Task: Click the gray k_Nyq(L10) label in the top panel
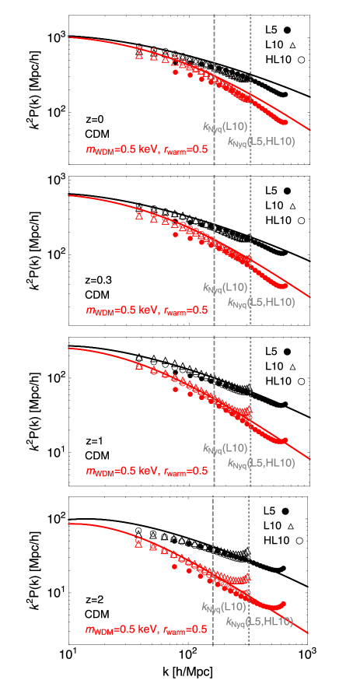(225, 126)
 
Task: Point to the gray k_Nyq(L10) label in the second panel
(225, 287)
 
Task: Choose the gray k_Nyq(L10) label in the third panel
(225, 448)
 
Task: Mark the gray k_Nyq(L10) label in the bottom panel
(224, 607)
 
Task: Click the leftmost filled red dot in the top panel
(176, 72)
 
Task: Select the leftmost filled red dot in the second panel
(176, 234)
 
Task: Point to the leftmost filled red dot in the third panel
(176, 389)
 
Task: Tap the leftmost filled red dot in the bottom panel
(176, 567)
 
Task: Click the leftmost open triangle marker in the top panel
(139, 55)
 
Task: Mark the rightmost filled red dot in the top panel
(285, 122)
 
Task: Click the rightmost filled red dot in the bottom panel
(284, 604)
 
